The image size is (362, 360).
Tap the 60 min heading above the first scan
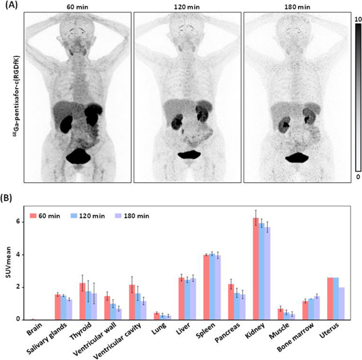tap(78, 7)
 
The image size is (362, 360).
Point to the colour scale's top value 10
tap(357, 20)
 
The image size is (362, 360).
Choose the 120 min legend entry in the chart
tap(95, 215)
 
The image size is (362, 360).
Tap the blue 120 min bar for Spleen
tap(212, 287)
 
